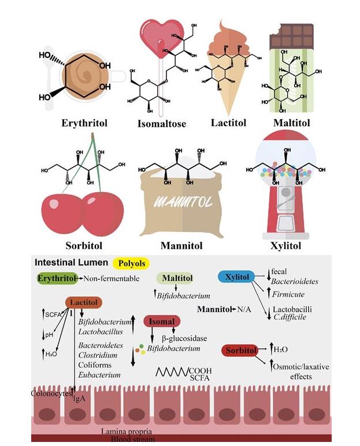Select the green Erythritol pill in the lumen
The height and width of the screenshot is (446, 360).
click(57, 279)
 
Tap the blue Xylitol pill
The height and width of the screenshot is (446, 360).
click(237, 278)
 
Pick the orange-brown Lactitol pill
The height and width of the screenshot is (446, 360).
click(84, 303)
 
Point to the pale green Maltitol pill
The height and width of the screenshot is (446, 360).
click(177, 279)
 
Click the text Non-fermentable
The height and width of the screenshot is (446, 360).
click(112, 279)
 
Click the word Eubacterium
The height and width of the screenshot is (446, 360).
click(99, 375)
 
